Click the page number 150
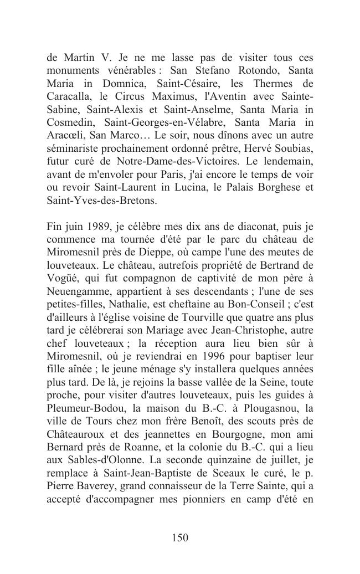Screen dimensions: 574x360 tap(180, 537)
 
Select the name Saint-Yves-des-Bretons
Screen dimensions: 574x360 tap(102, 199)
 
